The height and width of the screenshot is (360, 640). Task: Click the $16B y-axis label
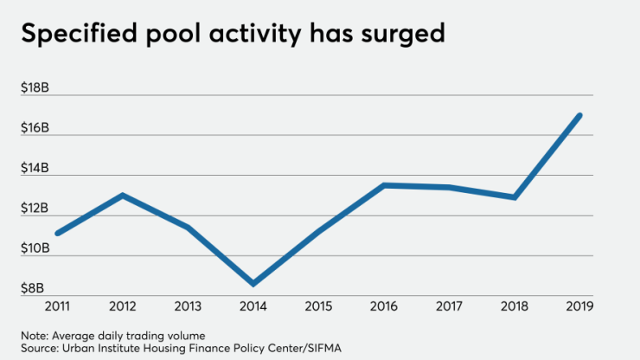point(34,128)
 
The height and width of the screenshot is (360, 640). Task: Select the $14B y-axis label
point(34,168)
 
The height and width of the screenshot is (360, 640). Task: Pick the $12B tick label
point(34,209)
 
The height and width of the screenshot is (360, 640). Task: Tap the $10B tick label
point(34,248)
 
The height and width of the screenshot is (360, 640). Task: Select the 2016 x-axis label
point(384,307)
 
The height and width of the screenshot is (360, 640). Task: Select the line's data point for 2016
point(384,185)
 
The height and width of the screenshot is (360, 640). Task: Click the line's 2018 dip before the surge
point(515,197)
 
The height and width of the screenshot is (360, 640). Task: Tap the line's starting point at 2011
point(58,234)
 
